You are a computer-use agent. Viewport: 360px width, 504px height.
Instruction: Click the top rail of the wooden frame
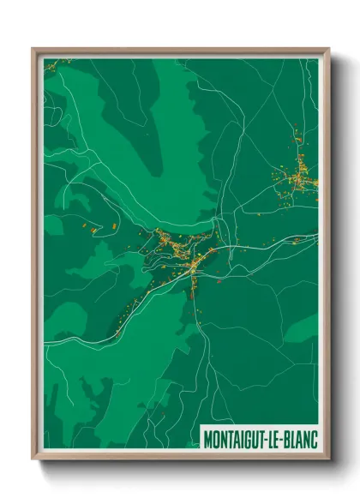180,51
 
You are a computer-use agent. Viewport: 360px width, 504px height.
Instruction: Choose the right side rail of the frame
327,257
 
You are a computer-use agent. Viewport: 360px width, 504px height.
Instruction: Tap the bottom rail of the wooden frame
180,459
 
